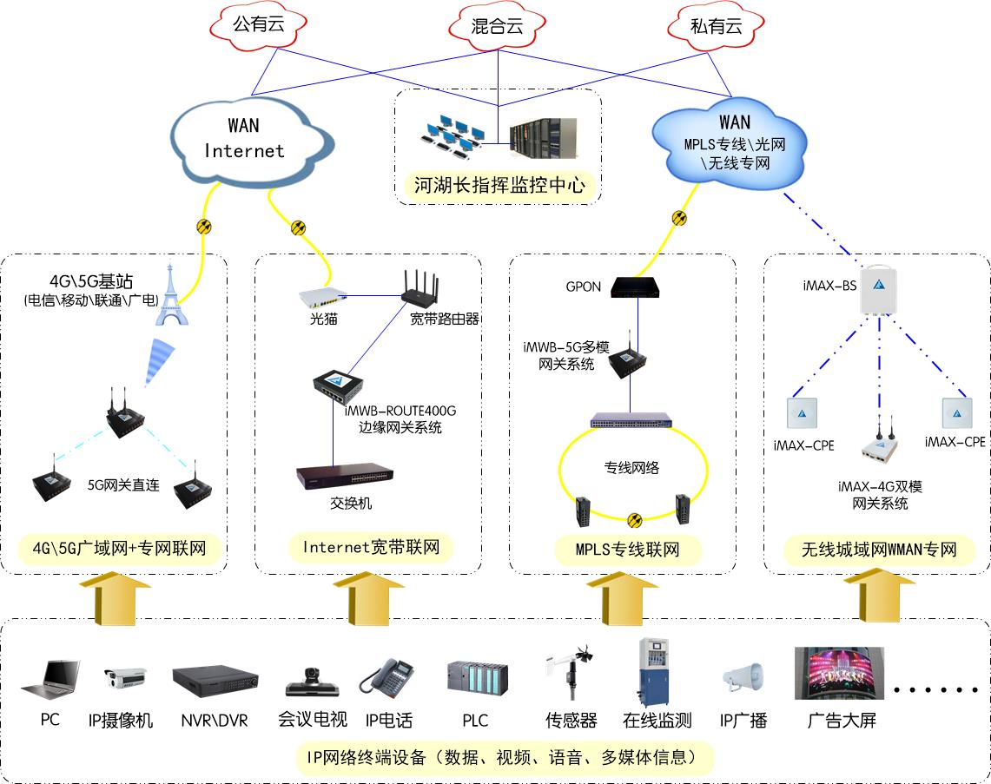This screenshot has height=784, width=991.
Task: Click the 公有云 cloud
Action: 258,25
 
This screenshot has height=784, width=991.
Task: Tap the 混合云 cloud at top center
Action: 498,26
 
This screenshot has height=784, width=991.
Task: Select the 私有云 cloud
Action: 716,26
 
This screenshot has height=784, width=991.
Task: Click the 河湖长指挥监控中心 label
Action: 499,186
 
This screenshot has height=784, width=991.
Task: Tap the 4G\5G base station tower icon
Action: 171,296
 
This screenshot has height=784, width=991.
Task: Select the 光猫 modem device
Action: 322,299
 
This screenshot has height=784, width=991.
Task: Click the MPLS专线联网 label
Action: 626,550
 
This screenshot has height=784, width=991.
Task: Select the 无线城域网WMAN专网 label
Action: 878,550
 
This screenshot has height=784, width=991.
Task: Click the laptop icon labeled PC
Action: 50,680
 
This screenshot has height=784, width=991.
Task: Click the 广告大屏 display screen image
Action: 839,674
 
